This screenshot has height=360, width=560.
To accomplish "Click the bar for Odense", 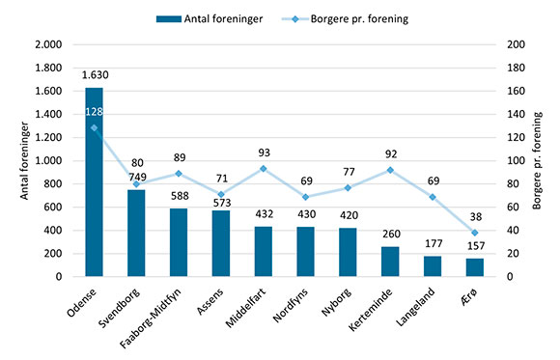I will click(x=94, y=183).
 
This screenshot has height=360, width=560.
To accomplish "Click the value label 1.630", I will click(x=94, y=74).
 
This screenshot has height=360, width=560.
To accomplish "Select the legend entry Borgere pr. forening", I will click(x=367, y=16).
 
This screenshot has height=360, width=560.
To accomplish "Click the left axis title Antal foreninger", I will click(x=22, y=160).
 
